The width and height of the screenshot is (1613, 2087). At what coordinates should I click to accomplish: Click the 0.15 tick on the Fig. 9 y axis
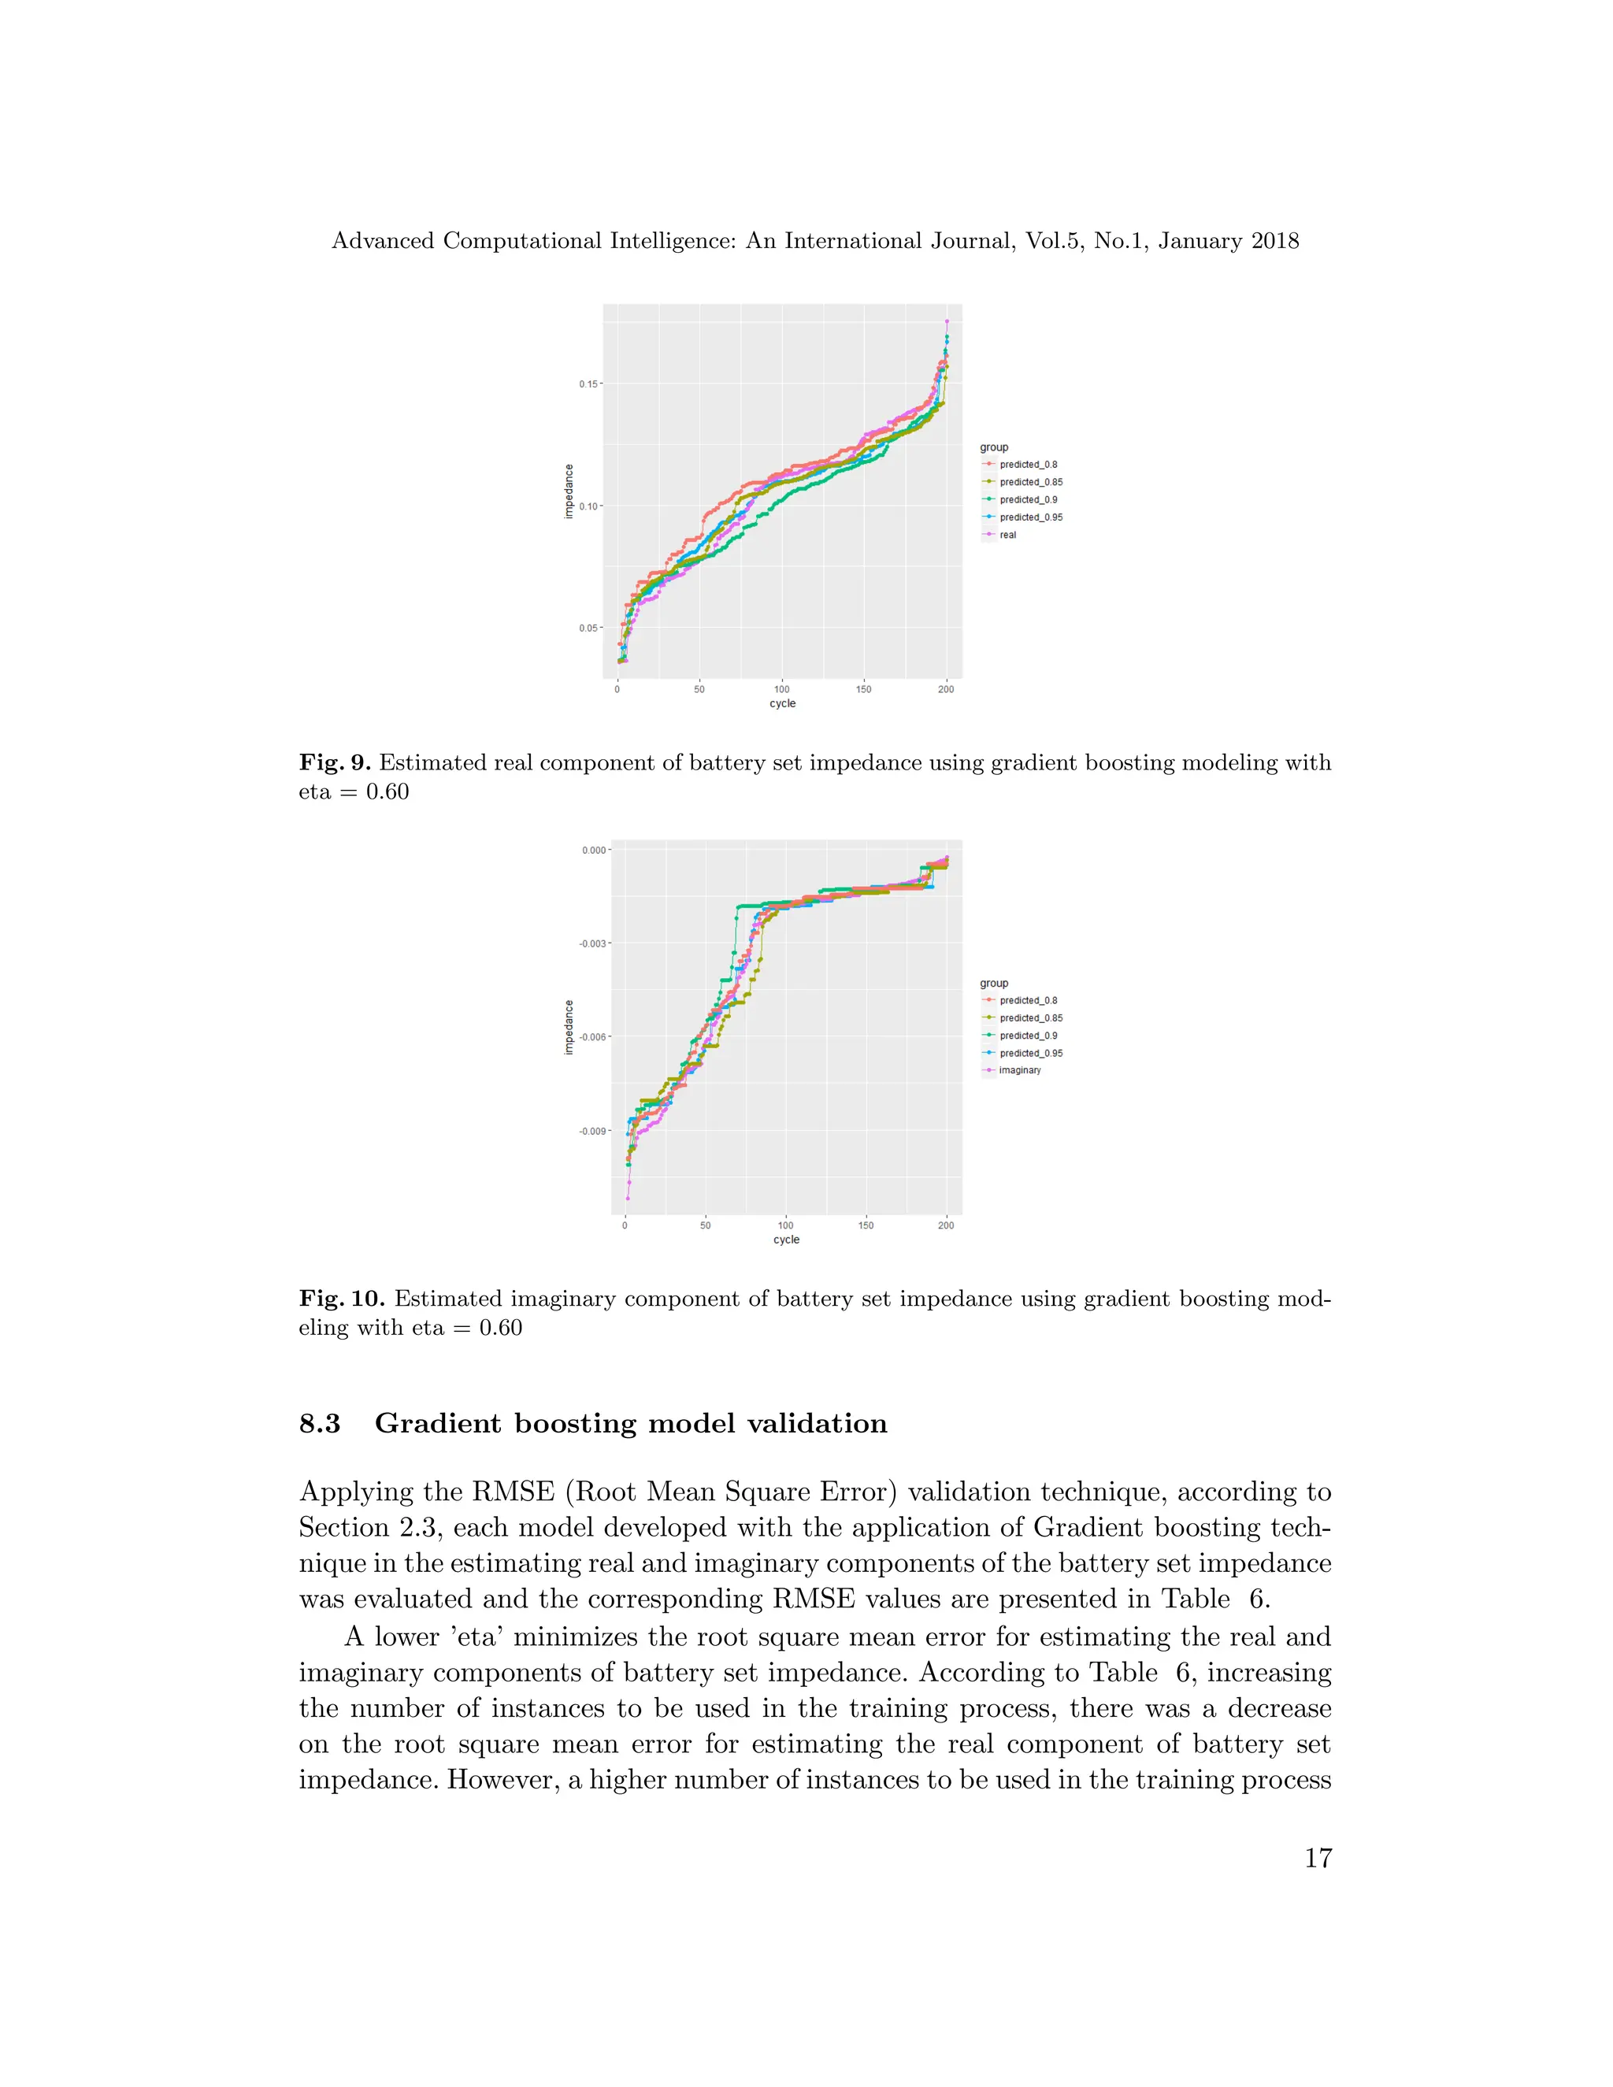click(588, 384)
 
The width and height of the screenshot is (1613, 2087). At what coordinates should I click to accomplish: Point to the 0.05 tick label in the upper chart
click(588, 628)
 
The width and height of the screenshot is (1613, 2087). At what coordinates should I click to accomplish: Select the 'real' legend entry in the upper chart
click(1007, 535)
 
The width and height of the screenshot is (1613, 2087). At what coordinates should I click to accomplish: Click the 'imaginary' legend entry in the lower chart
click(1020, 1070)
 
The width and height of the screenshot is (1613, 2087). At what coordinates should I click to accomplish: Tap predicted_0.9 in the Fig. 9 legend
click(1028, 500)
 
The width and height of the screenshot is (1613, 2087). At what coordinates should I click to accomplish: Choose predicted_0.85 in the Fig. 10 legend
click(1030, 1018)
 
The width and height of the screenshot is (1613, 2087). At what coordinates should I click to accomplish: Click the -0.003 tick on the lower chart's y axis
click(592, 943)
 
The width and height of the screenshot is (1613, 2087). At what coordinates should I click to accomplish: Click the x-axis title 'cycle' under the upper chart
click(783, 703)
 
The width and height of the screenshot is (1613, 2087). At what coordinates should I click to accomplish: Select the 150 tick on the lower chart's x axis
click(866, 1225)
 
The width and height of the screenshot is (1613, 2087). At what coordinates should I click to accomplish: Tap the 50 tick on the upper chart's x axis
click(699, 689)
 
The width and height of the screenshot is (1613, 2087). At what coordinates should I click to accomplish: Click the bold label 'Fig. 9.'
click(335, 762)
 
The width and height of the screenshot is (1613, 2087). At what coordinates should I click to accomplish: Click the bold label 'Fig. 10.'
click(341, 1299)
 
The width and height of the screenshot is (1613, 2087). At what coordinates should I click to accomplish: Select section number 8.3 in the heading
click(320, 1424)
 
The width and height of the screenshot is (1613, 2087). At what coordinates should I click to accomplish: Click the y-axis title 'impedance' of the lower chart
click(569, 1027)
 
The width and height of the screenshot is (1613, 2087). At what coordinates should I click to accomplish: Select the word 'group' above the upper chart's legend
click(994, 447)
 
